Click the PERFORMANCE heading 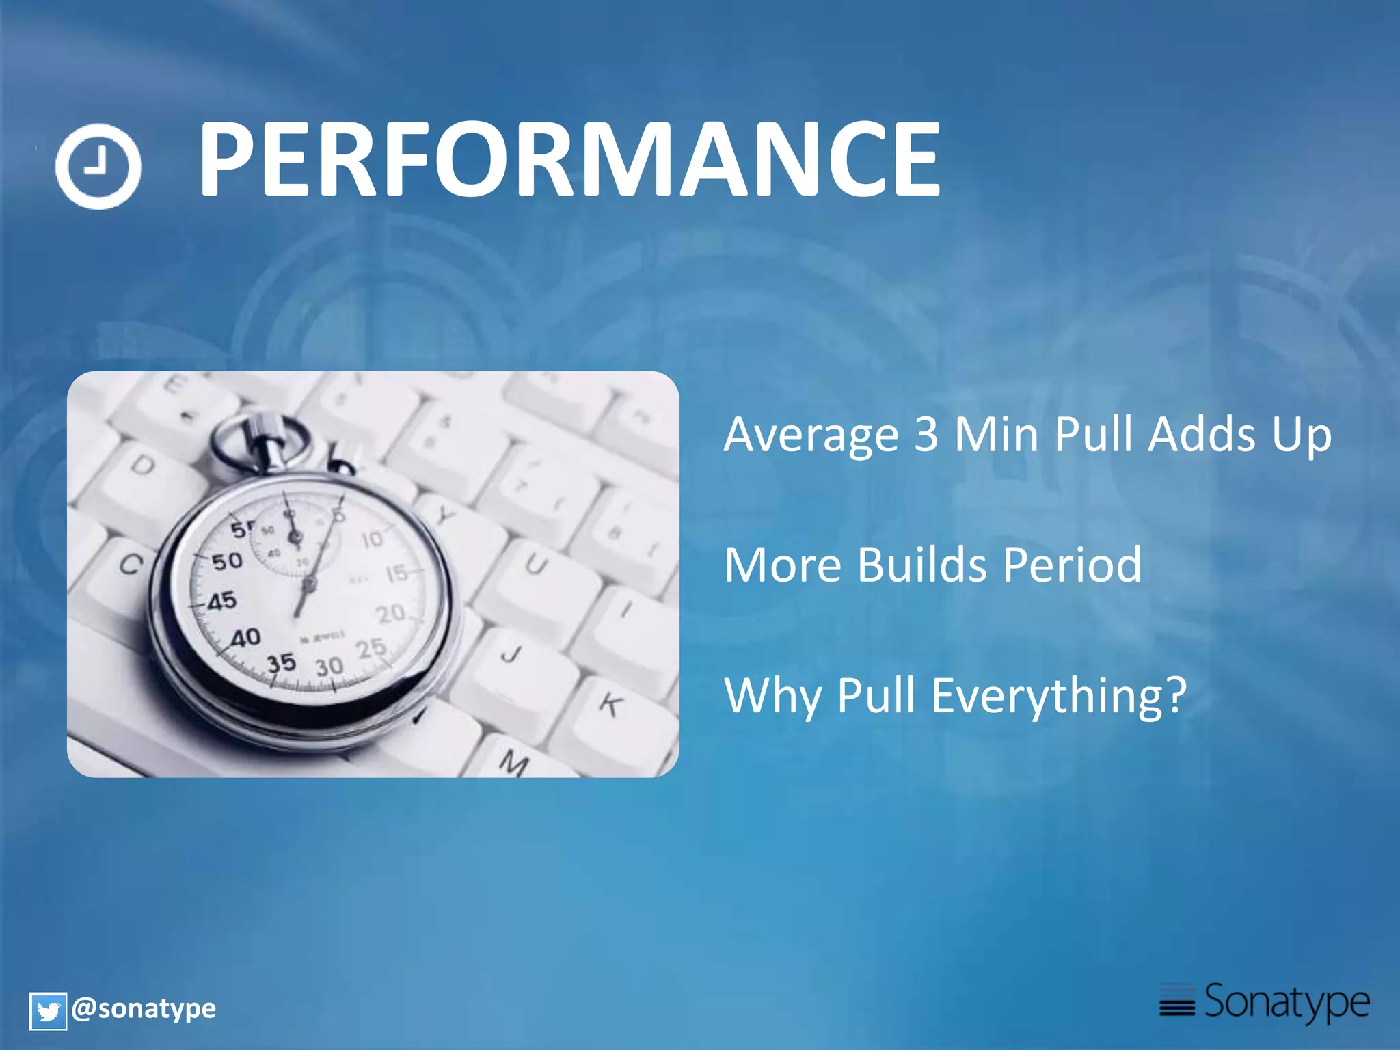(569, 159)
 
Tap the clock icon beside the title (98, 166)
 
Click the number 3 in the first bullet (926, 435)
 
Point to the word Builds (921, 565)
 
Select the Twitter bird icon (48, 1011)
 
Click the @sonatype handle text (144, 1008)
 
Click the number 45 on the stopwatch (222, 602)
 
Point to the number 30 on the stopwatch (329, 666)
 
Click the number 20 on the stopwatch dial (391, 613)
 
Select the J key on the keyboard (511, 654)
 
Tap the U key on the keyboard (536, 565)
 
